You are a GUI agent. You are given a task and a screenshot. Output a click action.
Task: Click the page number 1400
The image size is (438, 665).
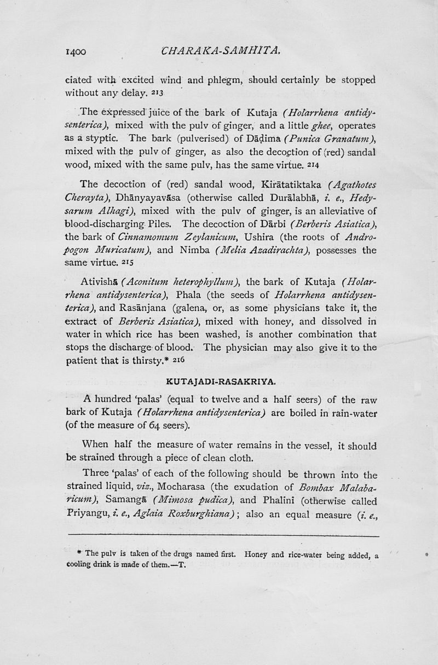point(76,53)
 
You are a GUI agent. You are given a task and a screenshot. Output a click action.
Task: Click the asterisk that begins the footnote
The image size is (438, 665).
point(81,553)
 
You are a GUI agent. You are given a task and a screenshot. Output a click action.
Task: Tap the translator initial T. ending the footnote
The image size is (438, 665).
point(182,566)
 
